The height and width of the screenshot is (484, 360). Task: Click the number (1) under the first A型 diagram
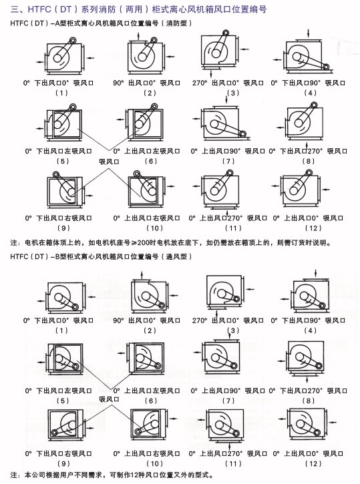[x=61, y=93]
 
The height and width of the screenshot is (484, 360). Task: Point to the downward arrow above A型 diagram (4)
[x=309, y=33]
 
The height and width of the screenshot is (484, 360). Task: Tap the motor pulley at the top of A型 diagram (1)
[x=73, y=40]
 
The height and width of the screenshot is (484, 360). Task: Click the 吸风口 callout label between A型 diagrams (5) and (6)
[x=109, y=162]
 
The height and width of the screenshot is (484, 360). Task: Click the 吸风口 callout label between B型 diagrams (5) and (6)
[x=109, y=399]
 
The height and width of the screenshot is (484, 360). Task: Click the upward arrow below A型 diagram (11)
[x=227, y=212]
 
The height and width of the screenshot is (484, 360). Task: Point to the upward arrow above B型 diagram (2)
[x=142, y=275]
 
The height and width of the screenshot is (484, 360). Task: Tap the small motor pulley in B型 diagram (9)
[x=55, y=432]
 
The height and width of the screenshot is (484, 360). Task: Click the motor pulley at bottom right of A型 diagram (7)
[x=242, y=134]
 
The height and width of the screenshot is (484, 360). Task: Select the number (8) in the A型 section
[x=309, y=161]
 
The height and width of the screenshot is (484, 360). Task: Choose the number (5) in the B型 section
[x=63, y=401]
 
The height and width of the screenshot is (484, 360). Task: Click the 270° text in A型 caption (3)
[x=200, y=83]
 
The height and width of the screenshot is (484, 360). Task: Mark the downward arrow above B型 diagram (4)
[x=315, y=273]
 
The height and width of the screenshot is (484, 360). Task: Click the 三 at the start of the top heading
[x=15, y=9]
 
